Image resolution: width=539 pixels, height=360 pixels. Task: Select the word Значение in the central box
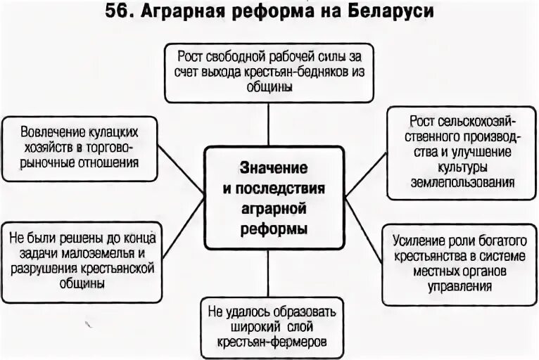tap(273, 169)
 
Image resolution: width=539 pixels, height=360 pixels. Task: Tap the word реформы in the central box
tap(274, 229)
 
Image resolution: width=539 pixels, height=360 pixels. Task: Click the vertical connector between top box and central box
tap(269, 124)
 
